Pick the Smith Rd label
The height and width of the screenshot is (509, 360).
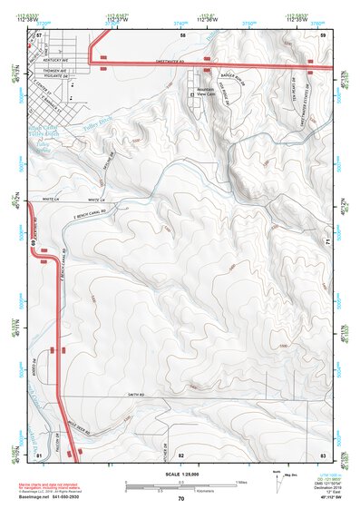pos(136,395)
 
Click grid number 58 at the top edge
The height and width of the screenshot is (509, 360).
pos(182,34)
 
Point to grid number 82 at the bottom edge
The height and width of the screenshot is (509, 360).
pos(180,454)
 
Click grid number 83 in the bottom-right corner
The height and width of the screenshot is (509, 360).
pos(322,454)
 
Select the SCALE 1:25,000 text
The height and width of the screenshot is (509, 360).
pos(180,475)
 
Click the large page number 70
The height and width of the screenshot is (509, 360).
pos(180,498)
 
